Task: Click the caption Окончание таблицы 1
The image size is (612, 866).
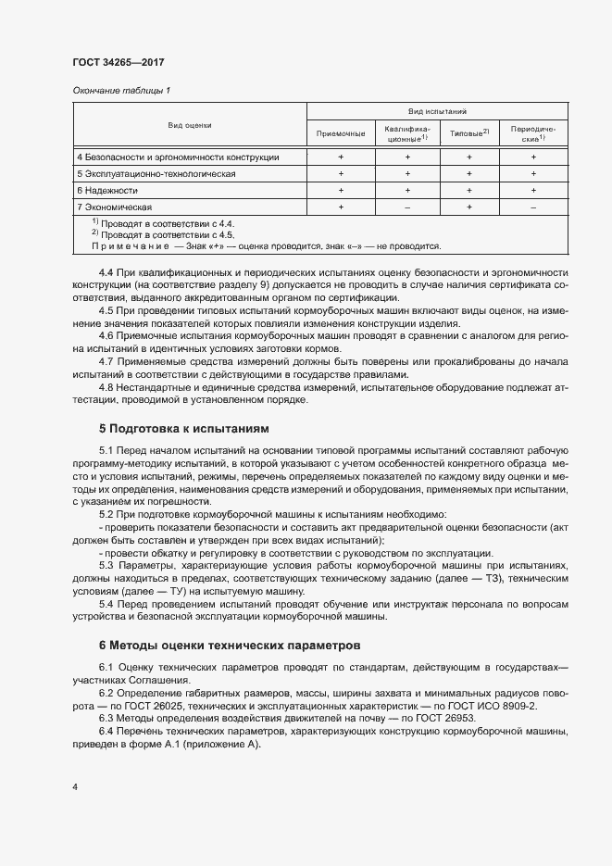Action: coord(121,90)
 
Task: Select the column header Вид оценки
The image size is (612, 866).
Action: coord(190,124)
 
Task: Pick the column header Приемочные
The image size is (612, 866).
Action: coord(341,134)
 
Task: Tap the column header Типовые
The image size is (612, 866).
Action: coord(468,134)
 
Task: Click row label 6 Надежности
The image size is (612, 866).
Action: coord(107,190)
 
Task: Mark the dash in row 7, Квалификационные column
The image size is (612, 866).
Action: coord(406,207)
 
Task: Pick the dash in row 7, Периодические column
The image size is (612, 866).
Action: coord(533,207)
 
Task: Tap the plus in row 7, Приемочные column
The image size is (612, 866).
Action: coord(341,207)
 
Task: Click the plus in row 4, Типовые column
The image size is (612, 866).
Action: coord(469,157)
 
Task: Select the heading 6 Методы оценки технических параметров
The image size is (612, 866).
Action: coord(231,644)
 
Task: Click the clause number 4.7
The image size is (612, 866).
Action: coord(105,360)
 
